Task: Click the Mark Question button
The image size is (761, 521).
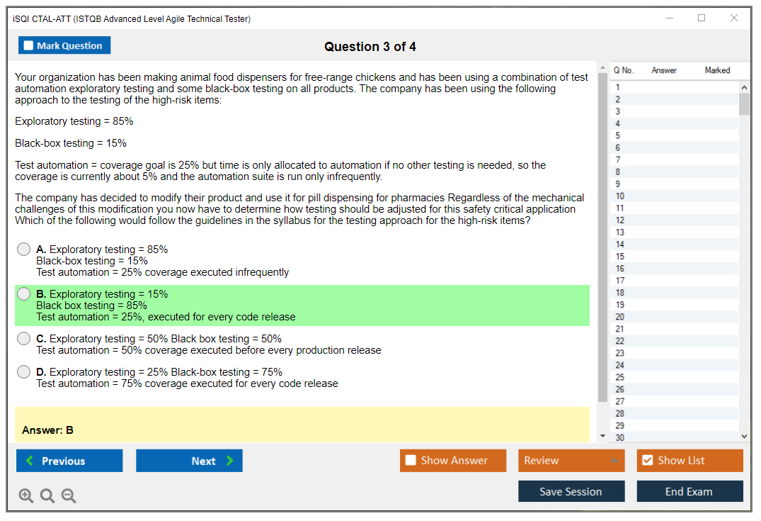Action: [64, 45]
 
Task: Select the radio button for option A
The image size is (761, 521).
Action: [24, 250]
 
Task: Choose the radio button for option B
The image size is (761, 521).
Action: [24, 294]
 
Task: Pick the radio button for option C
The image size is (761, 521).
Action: [24, 339]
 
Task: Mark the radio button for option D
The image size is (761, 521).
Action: [24, 372]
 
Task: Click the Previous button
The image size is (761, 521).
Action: [69, 461]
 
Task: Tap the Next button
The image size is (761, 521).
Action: [189, 461]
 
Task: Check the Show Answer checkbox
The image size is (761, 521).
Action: [411, 460]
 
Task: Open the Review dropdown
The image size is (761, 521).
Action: [571, 460]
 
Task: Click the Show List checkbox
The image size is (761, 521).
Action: [648, 460]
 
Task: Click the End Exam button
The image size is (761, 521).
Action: [690, 491]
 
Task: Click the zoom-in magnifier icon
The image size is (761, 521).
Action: [26, 495]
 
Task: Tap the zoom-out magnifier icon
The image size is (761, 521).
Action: [69, 495]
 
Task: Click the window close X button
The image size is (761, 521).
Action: [734, 18]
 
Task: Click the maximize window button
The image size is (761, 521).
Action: [702, 18]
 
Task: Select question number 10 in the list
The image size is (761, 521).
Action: [619, 196]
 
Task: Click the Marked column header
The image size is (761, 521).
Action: [717, 70]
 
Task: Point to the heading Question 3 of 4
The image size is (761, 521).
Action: [370, 47]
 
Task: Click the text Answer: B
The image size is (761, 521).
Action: [47, 430]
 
